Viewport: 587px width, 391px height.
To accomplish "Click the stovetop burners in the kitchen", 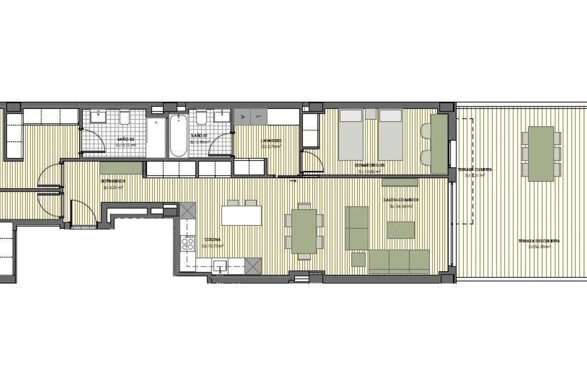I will (187, 243).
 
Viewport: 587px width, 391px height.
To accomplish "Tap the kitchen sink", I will (221, 266).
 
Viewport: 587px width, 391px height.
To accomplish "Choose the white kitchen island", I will (242, 216).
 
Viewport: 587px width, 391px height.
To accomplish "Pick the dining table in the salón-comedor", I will (304, 231).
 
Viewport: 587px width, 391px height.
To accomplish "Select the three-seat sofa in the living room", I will (399, 261).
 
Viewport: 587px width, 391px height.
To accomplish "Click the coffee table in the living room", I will (401, 230).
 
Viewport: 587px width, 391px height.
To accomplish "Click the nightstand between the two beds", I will (371, 114).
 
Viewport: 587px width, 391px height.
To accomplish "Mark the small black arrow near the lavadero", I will (293, 181).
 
